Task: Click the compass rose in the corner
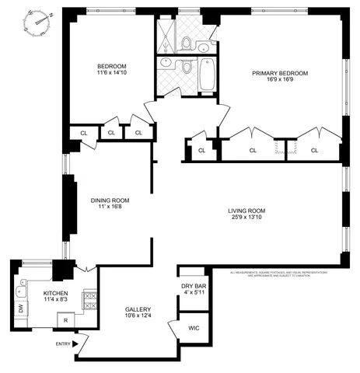[x=39, y=18]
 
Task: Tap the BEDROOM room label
[x=111, y=66]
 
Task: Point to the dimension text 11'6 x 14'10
[x=111, y=75]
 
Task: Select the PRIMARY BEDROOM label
[x=280, y=73]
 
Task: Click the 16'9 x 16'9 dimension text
[x=280, y=82]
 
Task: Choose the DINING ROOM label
[x=109, y=200]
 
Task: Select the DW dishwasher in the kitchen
[x=20, y=308]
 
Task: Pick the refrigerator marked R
[x=66, y=320]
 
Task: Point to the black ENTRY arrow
[x=75, y=343]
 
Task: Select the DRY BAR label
[x=193, y=285]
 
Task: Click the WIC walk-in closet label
[x=194, y=328]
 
